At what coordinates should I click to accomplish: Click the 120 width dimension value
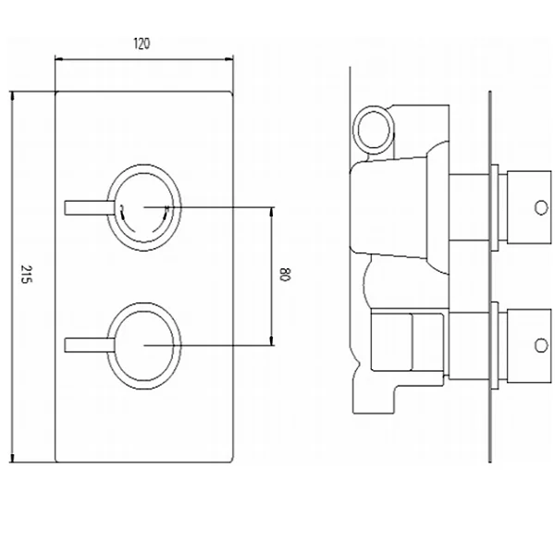(x=142, y=43)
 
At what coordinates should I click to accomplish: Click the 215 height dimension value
(x=26, y=274)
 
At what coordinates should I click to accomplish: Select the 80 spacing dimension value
(x=285, y=275)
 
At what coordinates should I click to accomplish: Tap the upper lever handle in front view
(x=89, y=208)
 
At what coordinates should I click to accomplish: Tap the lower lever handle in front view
(x=89, y=345)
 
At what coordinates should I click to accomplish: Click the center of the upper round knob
(x=143, y=208)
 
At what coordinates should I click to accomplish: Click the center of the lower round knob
(x=143, y=345)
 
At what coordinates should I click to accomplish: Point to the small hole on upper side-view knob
(x=541, y=208)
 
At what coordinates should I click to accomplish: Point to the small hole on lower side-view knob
(x=541, y=345)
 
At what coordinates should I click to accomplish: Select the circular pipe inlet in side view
(x=374, y=129)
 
